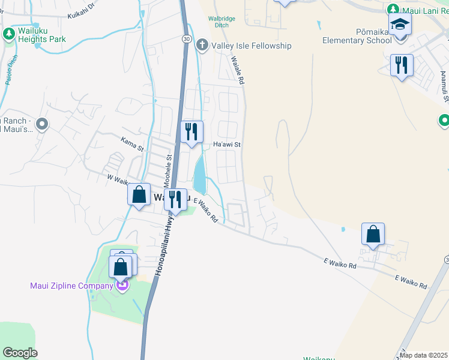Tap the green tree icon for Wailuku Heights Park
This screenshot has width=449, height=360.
[x=9, y=34]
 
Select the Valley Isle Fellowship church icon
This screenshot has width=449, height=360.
[x=203, y=45]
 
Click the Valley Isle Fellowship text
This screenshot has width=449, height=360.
[x=251, y=46]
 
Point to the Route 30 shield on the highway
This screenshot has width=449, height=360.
[x=187, y=38]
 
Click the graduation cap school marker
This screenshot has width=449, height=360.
[x=400, y=25]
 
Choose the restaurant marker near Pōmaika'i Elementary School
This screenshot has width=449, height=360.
[x=402, y=65]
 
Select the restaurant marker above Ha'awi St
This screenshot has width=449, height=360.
[x=192, y=131]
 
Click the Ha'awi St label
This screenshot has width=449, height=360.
[x=227, y=145]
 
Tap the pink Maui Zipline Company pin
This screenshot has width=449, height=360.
[x=122, y=285]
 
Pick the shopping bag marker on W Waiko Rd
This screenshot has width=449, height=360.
[x=139, y=194]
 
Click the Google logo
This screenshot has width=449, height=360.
[x=20, y=352]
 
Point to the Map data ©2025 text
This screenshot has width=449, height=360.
[x=423, y=355]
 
